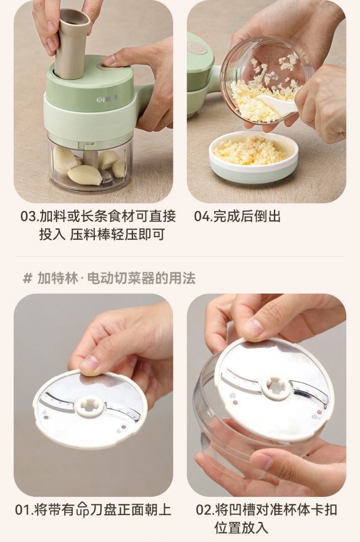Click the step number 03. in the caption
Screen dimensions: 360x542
[30, 216]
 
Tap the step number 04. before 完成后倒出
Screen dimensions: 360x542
[204, 216]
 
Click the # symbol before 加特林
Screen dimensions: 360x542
[27, 278]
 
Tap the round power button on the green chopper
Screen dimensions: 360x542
[110, 66]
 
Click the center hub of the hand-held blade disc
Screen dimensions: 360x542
[90, 407]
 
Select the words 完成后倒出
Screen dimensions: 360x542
[247, 216]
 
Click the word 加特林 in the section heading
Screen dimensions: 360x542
[58, 278]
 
